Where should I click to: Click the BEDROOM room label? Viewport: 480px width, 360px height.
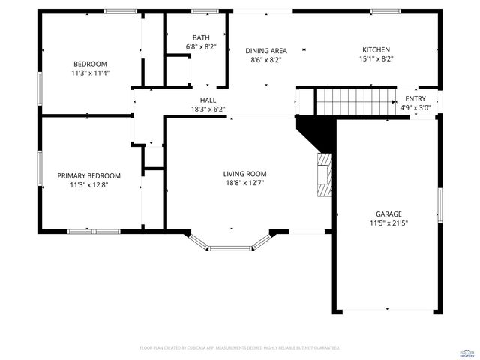coord(90,64)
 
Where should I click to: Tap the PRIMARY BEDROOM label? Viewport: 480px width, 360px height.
coord(89,175)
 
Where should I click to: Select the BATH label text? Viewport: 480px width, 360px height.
coord(200,37)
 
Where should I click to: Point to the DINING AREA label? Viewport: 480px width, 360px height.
coord(265,51)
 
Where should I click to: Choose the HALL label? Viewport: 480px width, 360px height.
coord(208,100)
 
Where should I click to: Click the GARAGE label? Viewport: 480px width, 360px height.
coord(388,214)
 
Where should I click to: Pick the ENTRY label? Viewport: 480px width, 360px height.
coord(415,98)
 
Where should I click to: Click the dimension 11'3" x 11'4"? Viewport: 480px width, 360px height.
coord(90,73)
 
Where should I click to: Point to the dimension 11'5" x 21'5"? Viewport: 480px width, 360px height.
coord(388,223)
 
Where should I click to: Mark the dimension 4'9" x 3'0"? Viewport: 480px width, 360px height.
coord(415,107)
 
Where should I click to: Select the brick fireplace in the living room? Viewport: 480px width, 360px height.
coord(323,175)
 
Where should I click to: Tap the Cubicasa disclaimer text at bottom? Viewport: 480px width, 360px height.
coord(240,348)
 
